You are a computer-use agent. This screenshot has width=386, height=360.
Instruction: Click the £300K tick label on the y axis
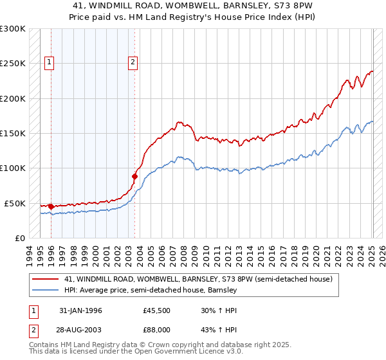pos(13,29)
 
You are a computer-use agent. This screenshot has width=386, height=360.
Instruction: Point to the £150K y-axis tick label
pos(13,134)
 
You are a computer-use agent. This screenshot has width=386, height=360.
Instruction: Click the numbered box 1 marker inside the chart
pos(50,62)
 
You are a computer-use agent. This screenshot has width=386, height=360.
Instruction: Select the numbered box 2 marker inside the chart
pos(133,62)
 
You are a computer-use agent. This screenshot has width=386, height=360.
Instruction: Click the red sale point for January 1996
pos(51,206)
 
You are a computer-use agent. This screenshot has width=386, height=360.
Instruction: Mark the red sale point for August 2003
pos(135,176)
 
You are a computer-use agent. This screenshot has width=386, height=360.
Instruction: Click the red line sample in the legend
pos(46,279)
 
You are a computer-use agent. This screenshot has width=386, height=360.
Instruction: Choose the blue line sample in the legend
pos(46,290)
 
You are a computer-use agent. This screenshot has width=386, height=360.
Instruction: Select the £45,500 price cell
pos(156,310)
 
